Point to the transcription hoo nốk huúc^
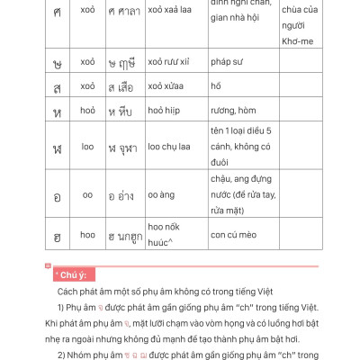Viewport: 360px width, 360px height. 168,237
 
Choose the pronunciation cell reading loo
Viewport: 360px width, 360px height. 87,147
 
